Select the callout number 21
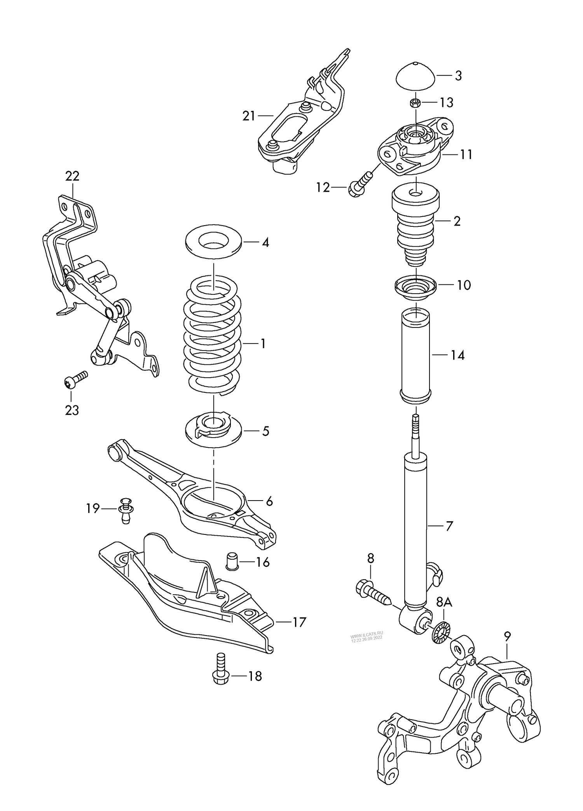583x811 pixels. (x=249, y=116)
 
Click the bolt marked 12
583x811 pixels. (x=360, y=185)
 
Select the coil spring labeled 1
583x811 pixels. (x=213, y=338)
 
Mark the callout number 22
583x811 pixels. (x=72, y=176)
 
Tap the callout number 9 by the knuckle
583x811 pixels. (x=507, y=636)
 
